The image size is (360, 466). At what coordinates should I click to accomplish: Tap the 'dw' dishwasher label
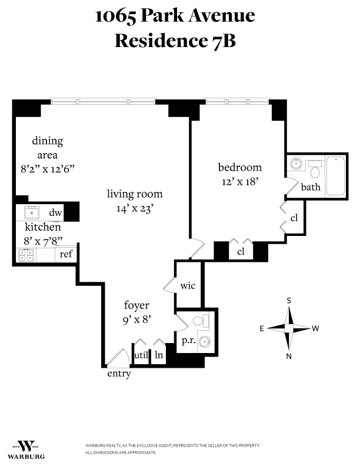coord(56,213)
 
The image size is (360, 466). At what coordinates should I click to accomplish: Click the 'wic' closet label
coord(188,286)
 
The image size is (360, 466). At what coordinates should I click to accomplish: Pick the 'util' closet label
coord(141,355)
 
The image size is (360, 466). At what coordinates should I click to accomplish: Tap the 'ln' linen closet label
coord(159,355)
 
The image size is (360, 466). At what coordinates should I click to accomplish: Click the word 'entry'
coord(119,374)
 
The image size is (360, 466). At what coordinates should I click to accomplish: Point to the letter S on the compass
coord(289,300)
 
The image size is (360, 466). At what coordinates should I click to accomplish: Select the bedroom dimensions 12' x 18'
coord(239,182)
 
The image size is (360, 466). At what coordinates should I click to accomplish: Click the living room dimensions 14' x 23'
coord(135,208)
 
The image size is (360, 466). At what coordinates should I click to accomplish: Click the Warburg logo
coord(26,448)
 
